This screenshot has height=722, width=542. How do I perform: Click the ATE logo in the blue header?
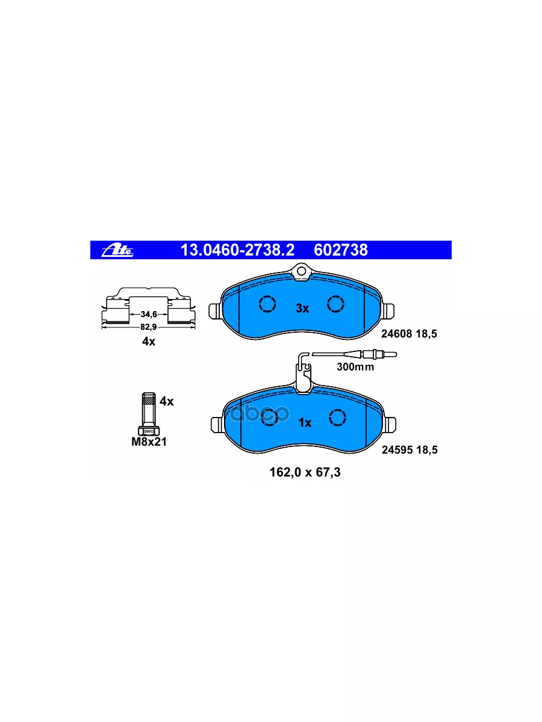(x=119, y=250)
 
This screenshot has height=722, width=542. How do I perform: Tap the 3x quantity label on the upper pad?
(x=302, y=309)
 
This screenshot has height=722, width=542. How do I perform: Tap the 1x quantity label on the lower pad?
(x=305, y=423)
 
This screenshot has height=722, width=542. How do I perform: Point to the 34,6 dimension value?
(x=148, y=314)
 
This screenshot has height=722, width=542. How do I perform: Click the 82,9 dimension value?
(x=148, y=326)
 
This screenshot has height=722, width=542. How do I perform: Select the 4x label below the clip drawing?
(x=148, y=342)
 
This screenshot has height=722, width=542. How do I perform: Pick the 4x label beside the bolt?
(x=166, y=401)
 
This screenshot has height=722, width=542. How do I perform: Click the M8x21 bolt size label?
(x=149, y=442)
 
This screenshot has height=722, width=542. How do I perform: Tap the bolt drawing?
(x=148, y=414)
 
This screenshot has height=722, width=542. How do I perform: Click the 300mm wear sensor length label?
(x=355, y=367)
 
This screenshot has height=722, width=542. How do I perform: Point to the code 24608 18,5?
(x=410, y=333)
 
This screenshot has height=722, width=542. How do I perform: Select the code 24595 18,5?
(x=410, y=449)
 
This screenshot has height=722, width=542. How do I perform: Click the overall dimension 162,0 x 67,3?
(x=305, y=473)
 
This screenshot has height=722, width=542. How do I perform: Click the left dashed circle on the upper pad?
(x=266, y=304)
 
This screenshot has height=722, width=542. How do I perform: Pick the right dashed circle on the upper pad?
(x=335, y=304)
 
